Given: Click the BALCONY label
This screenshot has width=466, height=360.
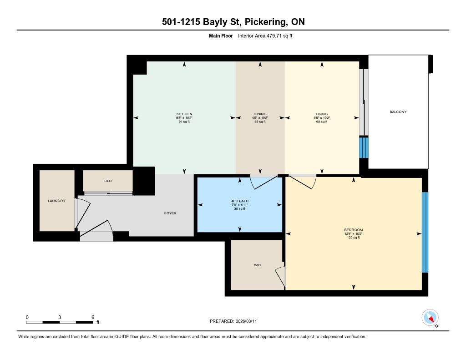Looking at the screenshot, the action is (x=398, y=112).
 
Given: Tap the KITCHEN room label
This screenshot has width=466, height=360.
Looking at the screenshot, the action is (x=184, y=114).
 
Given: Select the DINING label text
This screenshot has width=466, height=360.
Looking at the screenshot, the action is (x=260, y=114).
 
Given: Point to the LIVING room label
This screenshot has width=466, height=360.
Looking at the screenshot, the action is (x=322, y=114).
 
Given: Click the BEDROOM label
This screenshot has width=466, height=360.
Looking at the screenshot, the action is (x=353, y=230).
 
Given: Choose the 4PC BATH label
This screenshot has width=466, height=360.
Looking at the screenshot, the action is (x=240, y=201).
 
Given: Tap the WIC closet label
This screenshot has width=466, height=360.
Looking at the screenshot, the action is (x=258, y=265).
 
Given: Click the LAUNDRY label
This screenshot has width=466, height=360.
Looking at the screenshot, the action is (x=57, y=201).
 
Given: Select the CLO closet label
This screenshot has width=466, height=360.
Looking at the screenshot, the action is (x=108, y=181).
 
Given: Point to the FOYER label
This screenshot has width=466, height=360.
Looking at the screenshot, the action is (x=170, y=213).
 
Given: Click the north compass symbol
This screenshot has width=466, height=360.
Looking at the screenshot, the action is (x=430, y=318).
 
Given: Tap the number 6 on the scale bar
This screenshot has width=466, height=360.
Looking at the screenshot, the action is (x=93, y=317).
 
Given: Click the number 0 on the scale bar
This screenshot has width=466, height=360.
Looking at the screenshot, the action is (x=27, y=317).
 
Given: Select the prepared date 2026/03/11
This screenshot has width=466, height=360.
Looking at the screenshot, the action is (x=246, y=321).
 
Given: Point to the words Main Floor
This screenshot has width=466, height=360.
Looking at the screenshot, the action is (x=221, y=35).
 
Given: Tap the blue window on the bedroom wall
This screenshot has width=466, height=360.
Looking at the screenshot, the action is (x=425, y=232).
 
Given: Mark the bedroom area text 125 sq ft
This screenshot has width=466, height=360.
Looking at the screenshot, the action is (x=353, y=238).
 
